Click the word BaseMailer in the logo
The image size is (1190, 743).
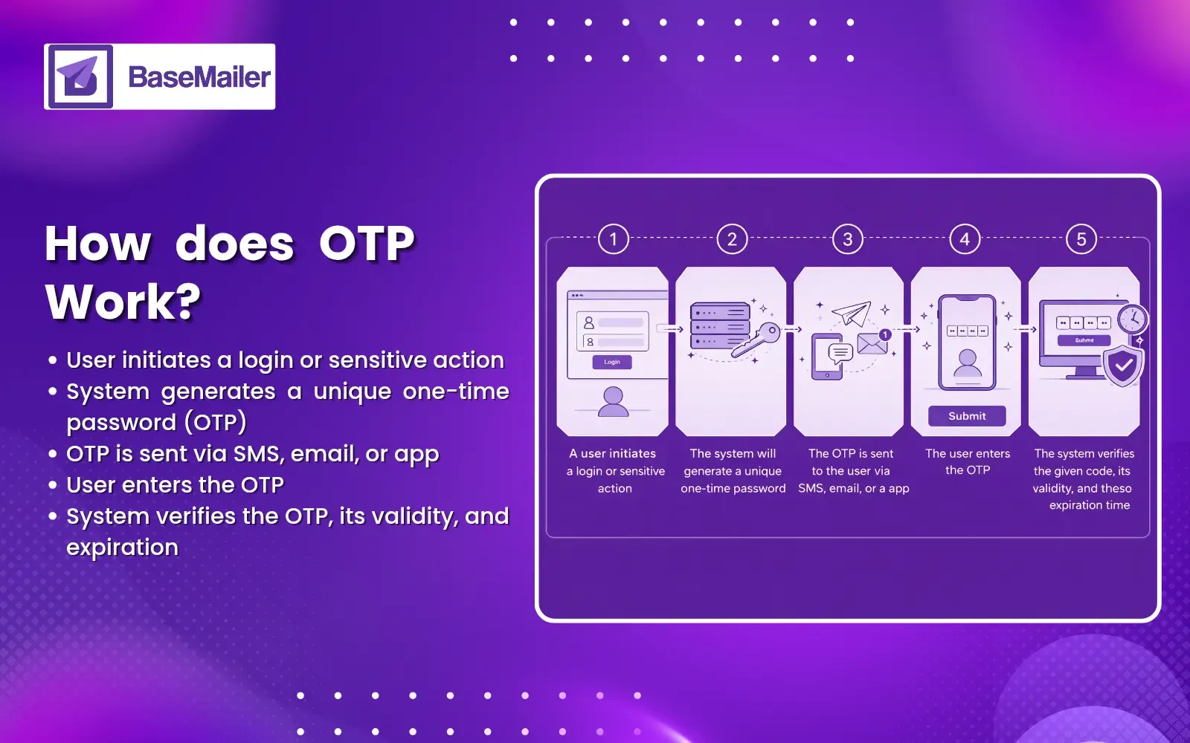[x=199, y=77]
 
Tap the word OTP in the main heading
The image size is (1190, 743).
[x=367, y=244]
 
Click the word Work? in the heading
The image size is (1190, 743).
[x=123, y=302]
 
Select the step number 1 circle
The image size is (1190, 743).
[x=614, y=239]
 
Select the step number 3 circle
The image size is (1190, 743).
[x=847, y=239]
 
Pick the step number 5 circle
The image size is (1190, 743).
[x=1081, y=239]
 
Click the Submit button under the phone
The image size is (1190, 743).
[x=967, y=416]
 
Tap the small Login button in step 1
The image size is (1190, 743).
[x=612, y=362]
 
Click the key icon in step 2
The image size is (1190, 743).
[x=756, y=340]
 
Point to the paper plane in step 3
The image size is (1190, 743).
[x=852, y=314]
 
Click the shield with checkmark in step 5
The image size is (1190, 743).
[x=1123, y=365]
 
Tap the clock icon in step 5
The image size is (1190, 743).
[x=1132, y=319]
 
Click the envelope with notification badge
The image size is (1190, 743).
[x=872, y=343]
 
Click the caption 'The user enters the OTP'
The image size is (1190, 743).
[x=967, y=461]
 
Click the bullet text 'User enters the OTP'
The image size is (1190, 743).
[x=175, y=485]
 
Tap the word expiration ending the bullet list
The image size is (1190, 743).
[x=123, y=548]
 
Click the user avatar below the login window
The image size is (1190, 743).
[x=614, y=401]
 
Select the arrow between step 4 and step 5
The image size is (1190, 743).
[x=1025, y=329]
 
